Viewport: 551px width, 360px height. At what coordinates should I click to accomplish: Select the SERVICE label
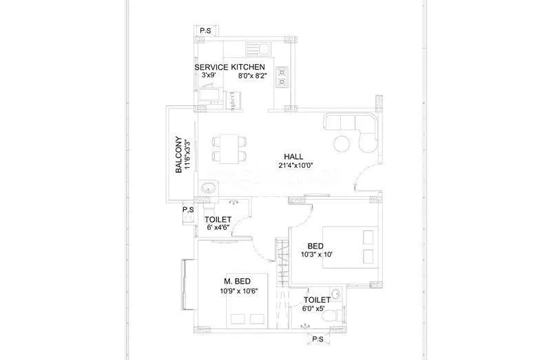(211, 67)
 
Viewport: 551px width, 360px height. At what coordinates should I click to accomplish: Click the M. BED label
(236, 281)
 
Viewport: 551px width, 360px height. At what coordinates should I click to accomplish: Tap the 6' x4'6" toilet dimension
(218, 228)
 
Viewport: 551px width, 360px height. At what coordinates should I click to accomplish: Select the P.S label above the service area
(205, 31)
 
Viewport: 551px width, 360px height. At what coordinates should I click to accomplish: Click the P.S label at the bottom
(318, 339)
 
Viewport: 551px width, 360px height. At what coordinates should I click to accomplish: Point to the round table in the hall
(342, 143)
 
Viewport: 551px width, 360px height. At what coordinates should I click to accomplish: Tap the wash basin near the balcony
(207, 188)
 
